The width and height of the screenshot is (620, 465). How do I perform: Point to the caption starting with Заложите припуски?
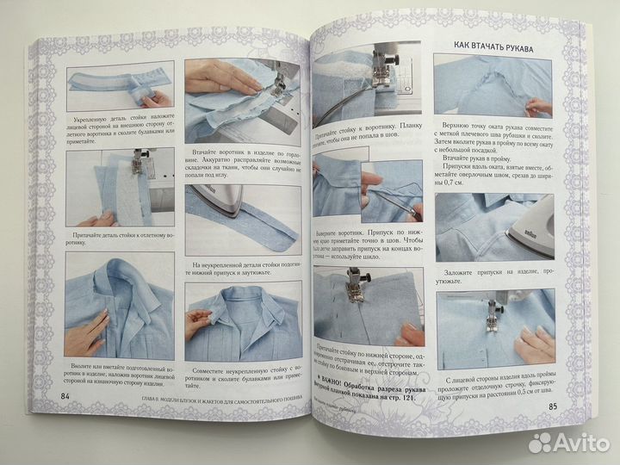[x=490, y=276]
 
